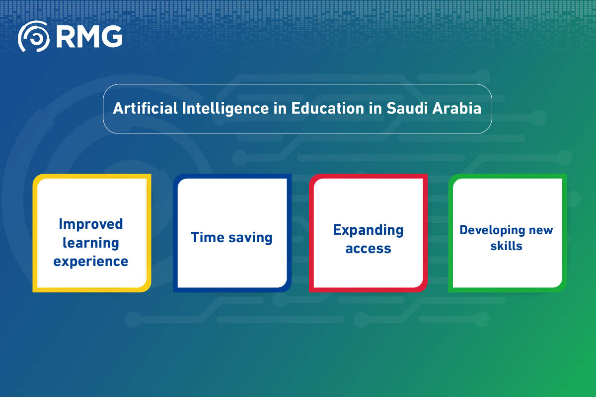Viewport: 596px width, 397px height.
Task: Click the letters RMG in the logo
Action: (89, 37)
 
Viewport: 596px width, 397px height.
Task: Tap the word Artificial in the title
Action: (145, 108)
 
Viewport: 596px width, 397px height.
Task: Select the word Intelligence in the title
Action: (225, 109)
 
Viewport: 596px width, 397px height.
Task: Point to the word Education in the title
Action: (327, 108)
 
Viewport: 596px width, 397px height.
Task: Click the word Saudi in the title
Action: (407, 108)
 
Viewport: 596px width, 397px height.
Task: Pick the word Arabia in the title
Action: (457, 108)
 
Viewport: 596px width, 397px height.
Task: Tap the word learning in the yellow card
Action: (91, 243)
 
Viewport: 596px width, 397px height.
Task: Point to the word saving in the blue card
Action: (250, 238)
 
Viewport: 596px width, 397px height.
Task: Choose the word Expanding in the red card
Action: (368, 231)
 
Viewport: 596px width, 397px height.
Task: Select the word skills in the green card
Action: (506, 246)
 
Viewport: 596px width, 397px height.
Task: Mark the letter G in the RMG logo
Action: (112, 37)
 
